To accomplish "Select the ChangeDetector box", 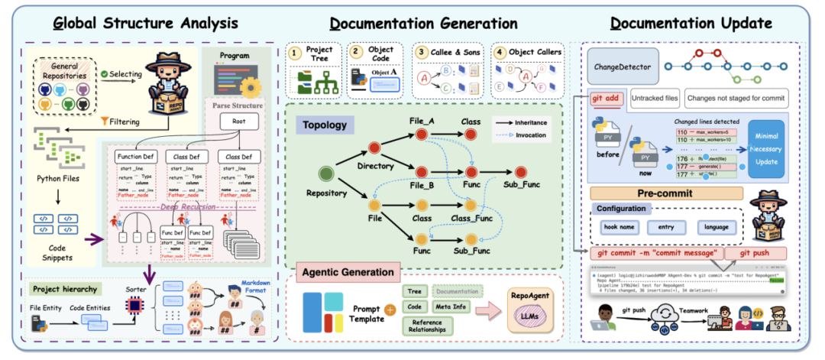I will tap(622, 67).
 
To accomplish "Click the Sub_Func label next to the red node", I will tap(523, 185).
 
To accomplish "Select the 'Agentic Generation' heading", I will tap(348, 272).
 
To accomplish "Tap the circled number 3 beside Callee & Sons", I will tap(422, 54).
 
